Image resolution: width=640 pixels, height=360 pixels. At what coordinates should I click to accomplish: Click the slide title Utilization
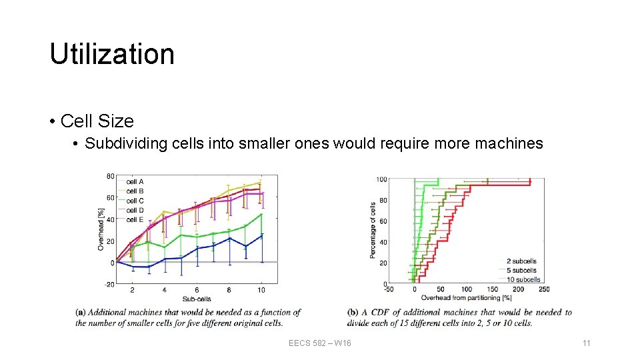[x=112, y=54]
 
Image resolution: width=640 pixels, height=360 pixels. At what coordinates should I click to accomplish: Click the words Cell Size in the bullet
[x=97, y=121]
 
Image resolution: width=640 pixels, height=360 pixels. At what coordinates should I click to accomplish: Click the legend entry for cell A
[x=135, y=181]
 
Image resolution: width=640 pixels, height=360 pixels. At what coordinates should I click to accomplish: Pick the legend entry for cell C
[x=135, y=201]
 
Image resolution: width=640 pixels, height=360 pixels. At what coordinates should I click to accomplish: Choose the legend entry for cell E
[x=135, y=219]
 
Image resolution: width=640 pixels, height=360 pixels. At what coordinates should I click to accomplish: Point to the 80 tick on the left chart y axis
[x=109, y=176]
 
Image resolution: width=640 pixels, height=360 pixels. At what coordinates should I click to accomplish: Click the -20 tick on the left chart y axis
[x=108, y=284]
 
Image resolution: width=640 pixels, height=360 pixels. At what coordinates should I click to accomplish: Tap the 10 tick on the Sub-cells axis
[x=261, y=290]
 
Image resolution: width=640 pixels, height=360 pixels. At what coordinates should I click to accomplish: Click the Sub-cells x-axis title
[x=197, y=299]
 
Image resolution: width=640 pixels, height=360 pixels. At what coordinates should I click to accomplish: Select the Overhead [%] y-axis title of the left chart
[x=101, y=229]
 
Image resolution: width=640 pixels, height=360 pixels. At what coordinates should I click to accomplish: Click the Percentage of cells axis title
[x=373, y=231]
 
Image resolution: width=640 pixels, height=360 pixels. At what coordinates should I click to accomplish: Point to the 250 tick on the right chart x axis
[x=544, y=289]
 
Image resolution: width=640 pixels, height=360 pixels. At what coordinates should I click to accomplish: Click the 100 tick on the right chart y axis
[x=381, y=179]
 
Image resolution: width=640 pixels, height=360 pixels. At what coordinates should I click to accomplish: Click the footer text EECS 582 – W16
[x=320, y=343]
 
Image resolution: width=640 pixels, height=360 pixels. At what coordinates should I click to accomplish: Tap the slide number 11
[x=587, y=343]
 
